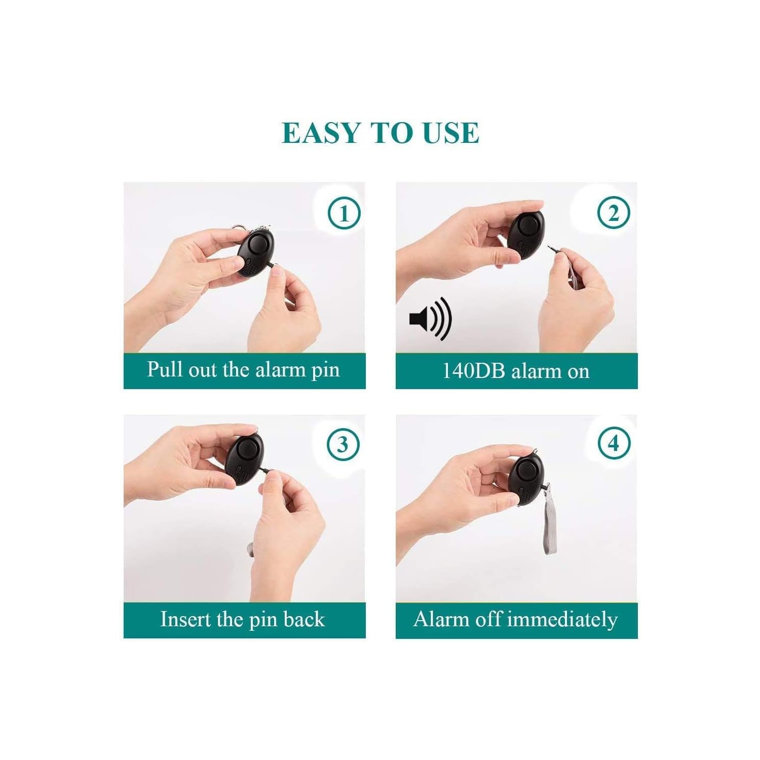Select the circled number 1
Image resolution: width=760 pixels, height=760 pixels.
point(344,213)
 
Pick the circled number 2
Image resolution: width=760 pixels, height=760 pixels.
point(614,213)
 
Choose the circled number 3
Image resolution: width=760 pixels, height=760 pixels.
point(343,444)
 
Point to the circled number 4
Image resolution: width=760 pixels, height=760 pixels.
point(614,443)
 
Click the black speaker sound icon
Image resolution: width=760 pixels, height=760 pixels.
point(430,319)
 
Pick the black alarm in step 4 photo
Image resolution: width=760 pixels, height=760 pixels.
point(526,479)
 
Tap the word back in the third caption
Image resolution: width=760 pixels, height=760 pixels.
point(304,620)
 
